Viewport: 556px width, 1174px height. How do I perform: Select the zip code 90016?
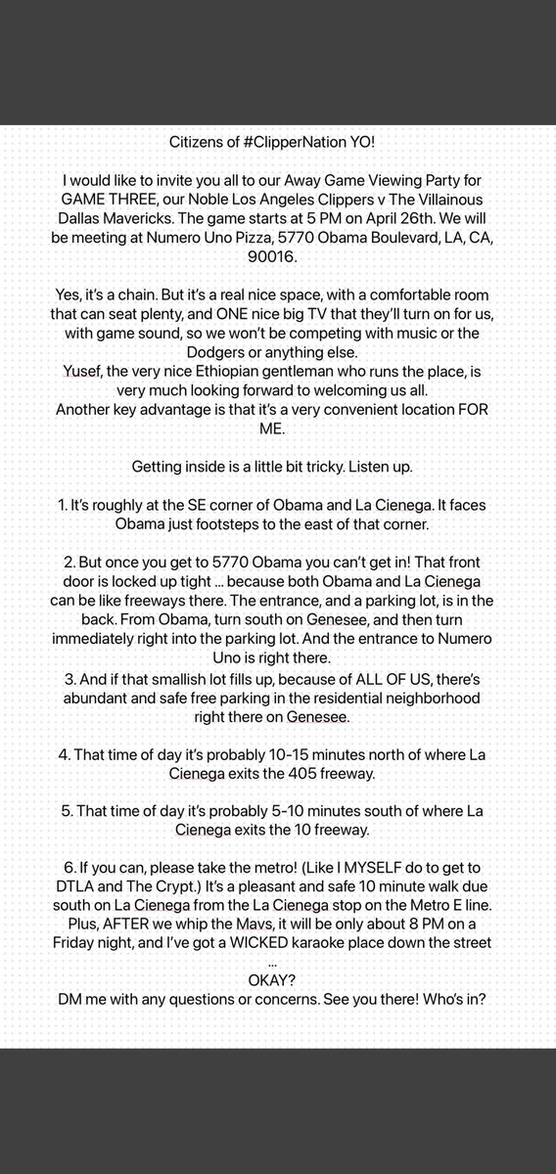(x=278, y=257)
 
